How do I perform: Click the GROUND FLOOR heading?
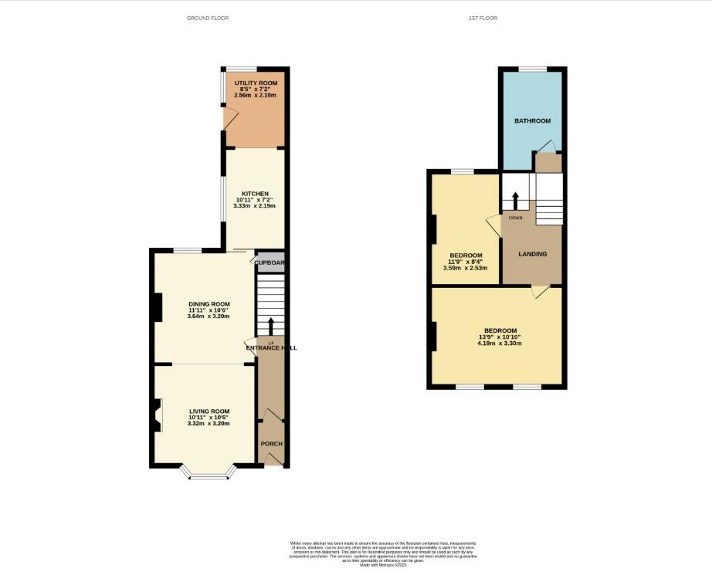[208, 18]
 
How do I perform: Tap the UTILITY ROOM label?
[255, 81]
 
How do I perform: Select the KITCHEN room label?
[255, 193]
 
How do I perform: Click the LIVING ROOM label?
[209, 411]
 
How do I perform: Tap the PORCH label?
[271, 444]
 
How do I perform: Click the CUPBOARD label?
[270, 262]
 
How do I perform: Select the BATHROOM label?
[533, 121]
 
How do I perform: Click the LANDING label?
[533, 254]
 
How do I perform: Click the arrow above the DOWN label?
[515, 199]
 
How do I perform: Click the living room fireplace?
[158, 415]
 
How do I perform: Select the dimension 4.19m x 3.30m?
[500, 344]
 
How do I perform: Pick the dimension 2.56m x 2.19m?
[255, 95]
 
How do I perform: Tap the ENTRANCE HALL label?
[271, 348]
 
